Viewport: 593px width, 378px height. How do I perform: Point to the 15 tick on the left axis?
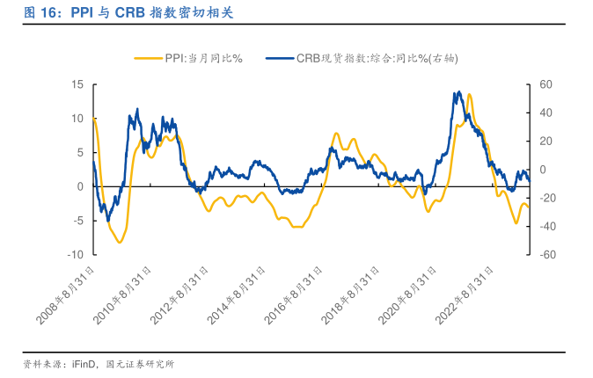pyautogui.click(x=77, y=84)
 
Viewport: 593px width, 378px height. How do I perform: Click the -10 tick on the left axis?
pyautogui.click(x=76, y=254)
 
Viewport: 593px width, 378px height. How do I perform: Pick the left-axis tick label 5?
pyautogui.click(x=80, y=152)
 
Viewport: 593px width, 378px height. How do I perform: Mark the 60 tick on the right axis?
pyautogui.click(x=545, y=84)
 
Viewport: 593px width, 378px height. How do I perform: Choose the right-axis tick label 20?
pyautogui.click(x=545, y=141)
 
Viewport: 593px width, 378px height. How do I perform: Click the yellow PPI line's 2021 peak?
pyautogui.click(x=469, y=94)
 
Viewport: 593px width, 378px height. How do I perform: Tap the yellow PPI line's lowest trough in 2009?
pyautogui.click(x=119, y=242)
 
